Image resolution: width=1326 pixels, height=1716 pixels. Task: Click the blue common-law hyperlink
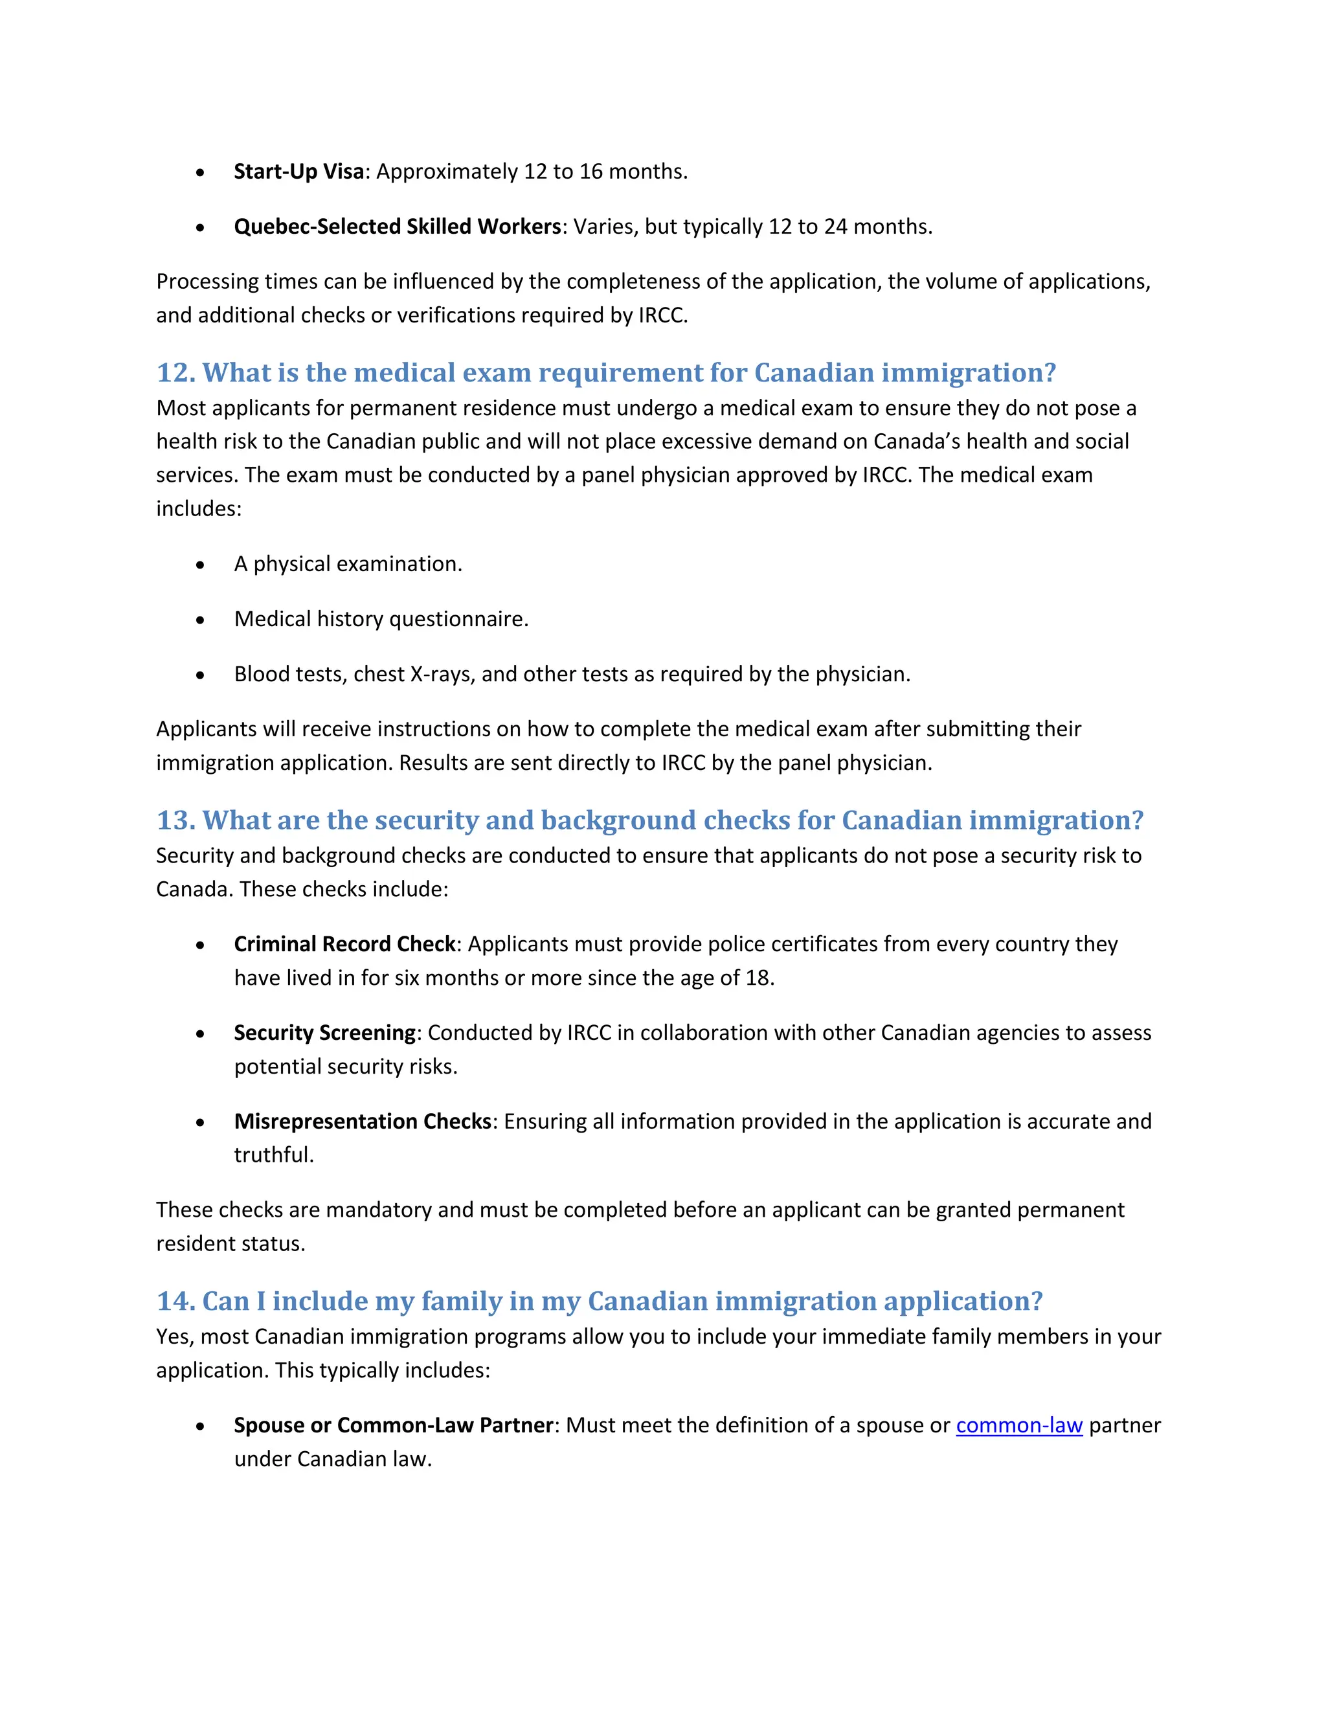pos(1019,1425)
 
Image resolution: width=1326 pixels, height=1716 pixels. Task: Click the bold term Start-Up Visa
pos(298,172)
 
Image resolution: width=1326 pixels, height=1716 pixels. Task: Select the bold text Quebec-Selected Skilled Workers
pos(398,226)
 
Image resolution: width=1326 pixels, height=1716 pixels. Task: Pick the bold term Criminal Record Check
pos(344,943)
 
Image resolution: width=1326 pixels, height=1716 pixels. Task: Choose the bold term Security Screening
pos(324,1032)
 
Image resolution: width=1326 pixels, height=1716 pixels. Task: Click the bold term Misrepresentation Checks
pos(362,1121)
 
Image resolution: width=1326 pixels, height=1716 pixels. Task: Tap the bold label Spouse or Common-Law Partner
pos(394,1425)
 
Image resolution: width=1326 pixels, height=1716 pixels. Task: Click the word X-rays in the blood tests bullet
pos(442,674)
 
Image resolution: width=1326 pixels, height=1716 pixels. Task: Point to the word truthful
pos(273,1155)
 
